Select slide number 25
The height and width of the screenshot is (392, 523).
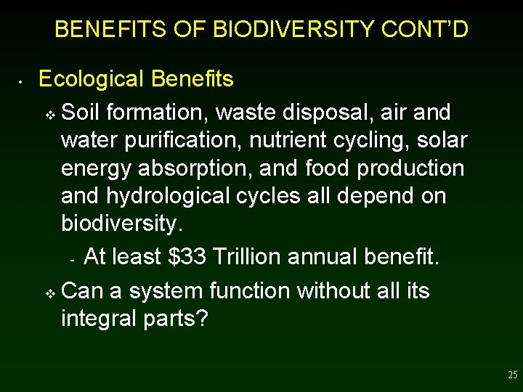[x=513, y=375]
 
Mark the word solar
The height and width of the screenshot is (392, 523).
[x=442, y=141]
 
